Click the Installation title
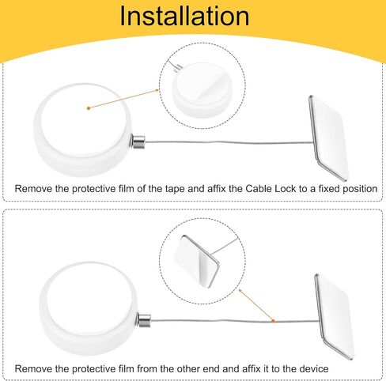[x=184, y=16]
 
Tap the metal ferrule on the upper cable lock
[x=138, y=142]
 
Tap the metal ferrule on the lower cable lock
[x=144, y=320]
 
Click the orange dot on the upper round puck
[x=89, y=108]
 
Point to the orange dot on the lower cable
[x=274, y=321]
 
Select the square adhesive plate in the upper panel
[x=329, y=138]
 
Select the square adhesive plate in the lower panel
[x=334, y=317]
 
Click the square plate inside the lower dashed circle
[x=196, y=262]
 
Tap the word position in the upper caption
[x=360, y=189]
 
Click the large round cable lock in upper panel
[x=83, y=130]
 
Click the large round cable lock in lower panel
[x=89, y=308]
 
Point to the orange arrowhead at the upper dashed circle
[x=157, y=90]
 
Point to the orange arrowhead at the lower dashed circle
[x=240, y=290]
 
